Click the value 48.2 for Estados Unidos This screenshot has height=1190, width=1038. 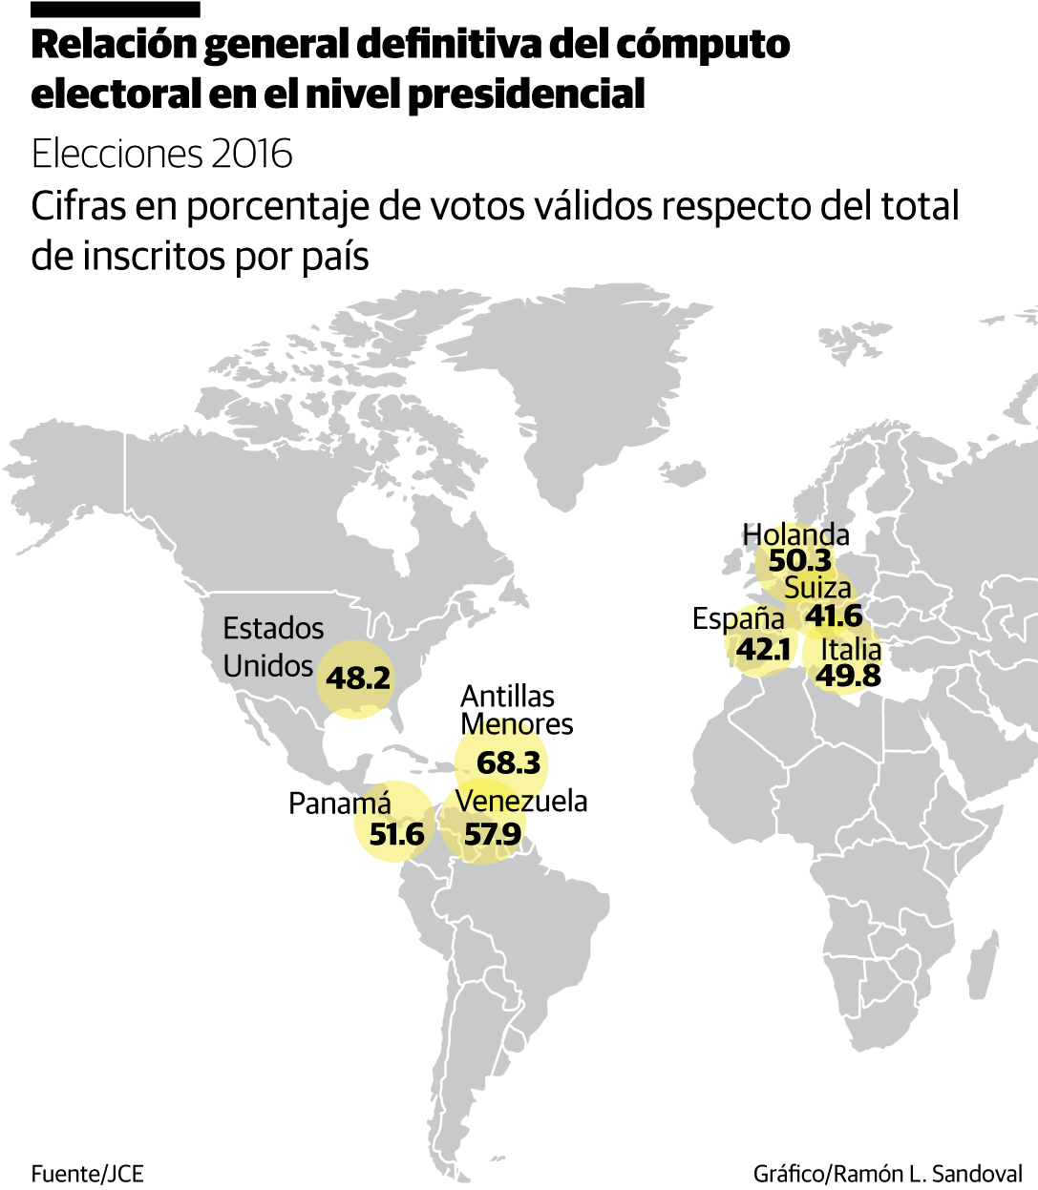pyautogui.click(x=358, y=678)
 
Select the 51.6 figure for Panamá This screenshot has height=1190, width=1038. pyautogui.click(x=396, y=834)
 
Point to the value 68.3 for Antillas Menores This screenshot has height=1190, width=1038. pyautogui.click(x=508, y=762)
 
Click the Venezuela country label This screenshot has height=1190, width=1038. pyautogui.click(x=521, y=801)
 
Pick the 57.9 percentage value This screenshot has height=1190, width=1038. pyautogui.click(x=492, y=834)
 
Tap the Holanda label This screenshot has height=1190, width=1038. pyautogui.click(x=795, y=534)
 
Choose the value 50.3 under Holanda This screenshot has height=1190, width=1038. pyautogui.click(x=799, y=561)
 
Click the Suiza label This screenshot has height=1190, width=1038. pyautogui.click(x=817, y=588)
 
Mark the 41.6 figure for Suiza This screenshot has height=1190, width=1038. pyautogui.click(x=833, y=616)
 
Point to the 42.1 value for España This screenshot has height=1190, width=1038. pyautogui.click(x=763, y=649)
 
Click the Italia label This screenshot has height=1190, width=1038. pyautogui.click(x=851, y=650)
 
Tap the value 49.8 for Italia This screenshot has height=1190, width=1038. pyautogui.click(x=848, y=676)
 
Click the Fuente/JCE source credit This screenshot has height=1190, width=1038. pyautogui.click(x=87, y=1173)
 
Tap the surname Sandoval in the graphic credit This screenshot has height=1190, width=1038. pyautogui.click(x=976, y=1173)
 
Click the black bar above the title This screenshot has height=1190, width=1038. pyautogui.click(x=116, y=10)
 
